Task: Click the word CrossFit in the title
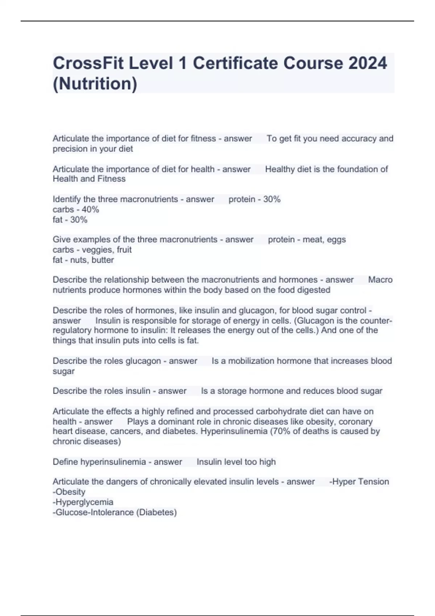pos(89,63)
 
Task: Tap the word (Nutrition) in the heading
pos(95,84)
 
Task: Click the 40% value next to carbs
pos(90,209)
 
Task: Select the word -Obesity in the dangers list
pos(69,492)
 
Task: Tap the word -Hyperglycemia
pos(83,502)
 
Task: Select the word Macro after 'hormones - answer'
pos(380,280)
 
